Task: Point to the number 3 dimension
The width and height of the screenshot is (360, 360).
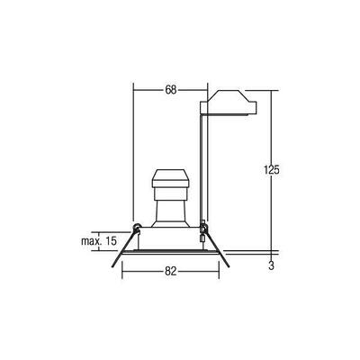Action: click(x=271, y=266)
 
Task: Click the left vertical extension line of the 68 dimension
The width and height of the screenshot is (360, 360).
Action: click(x=132, y=153)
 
